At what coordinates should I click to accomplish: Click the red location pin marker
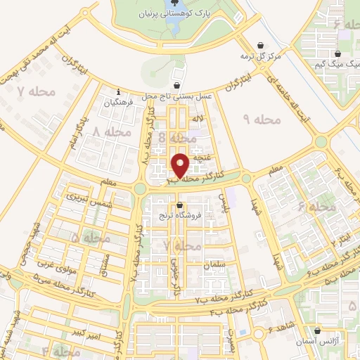pos(181,165)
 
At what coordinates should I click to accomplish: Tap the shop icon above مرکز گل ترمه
pos(264,44)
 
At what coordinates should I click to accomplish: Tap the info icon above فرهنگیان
pos(119,91)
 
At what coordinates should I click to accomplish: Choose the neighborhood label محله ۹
pos(262,120)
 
